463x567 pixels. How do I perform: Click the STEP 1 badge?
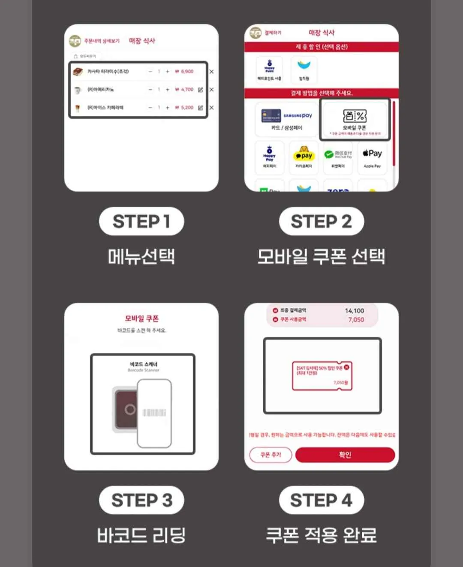pos(141,221)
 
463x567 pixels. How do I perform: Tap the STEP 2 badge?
pos(321,221)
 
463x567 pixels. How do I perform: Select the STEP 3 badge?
pos(141,500)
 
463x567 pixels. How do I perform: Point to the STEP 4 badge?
pos(321,500)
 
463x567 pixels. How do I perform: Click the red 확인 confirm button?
pos(345,455)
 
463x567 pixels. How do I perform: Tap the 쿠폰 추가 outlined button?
pos(271,455)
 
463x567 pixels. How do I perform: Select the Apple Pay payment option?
pos(372,157)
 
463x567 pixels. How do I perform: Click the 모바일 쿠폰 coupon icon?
pos(355,115)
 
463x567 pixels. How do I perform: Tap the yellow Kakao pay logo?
pos(304,154)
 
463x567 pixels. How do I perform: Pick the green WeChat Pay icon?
pos(329,155)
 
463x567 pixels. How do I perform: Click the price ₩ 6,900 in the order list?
pos(184,72)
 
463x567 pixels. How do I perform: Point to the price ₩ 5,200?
pos(184,108)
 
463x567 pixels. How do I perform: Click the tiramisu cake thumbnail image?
pos(78,72)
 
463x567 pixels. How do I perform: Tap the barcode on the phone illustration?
pos(154,412)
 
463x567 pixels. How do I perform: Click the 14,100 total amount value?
pos(355,310)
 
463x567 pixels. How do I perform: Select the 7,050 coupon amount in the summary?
pos(356,320)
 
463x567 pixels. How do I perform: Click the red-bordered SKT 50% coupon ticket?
pos(322,376)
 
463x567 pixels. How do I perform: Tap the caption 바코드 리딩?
pos(141,535)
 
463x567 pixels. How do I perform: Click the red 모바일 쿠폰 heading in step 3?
pos(141,318)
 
